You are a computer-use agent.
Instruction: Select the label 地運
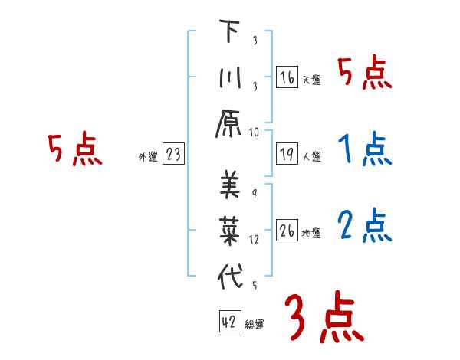[x=311, y=232]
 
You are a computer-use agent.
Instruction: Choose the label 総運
[x=255, y=325]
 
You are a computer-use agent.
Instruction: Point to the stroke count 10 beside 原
[x=254, y=132]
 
